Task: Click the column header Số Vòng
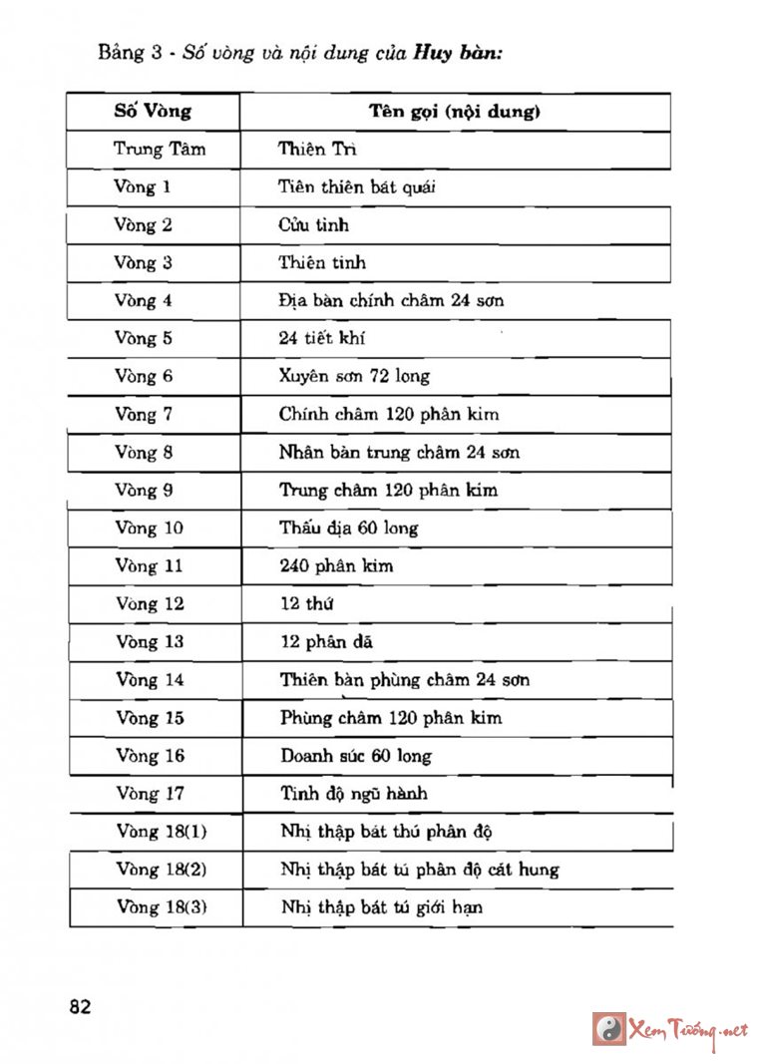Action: [153, 112]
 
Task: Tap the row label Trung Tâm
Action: [160, 150]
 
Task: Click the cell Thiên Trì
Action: [317, 150]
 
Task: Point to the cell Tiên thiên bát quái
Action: [357, 186]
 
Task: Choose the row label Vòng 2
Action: [143, 224]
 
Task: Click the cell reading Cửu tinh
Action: [313, 224]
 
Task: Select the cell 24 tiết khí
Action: [322, 338]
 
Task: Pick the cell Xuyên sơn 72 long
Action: [354, 376]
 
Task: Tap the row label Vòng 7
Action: [144, 414]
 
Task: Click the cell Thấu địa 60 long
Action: [349, 528]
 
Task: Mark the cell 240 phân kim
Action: [336, 565]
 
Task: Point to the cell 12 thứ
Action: [306, 603]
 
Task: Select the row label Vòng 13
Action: [150, 641]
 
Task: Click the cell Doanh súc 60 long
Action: [356, 755]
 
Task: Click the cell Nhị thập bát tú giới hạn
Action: [382, 906]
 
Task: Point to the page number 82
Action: [81, 1006]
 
